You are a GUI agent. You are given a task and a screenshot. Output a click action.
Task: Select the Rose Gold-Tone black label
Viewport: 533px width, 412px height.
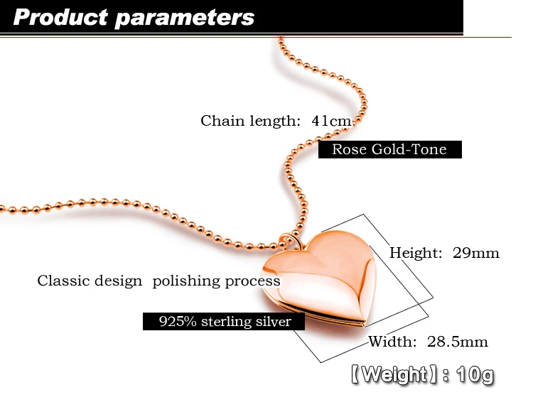[x=389, y=150]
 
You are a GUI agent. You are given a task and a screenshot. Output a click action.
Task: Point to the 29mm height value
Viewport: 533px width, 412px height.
[x=476, y=253]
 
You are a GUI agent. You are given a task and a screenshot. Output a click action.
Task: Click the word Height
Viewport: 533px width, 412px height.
[x=416, y=253]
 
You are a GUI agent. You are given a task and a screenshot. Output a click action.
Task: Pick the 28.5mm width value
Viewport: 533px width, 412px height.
[x=457, y=342]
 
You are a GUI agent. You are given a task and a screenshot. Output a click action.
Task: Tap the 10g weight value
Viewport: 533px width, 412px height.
[x=475, y=374]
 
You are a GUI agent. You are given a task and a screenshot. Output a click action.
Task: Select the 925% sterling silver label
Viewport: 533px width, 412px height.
[x=224, y=322]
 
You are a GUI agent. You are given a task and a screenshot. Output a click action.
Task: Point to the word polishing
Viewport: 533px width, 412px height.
[x=186, y=281]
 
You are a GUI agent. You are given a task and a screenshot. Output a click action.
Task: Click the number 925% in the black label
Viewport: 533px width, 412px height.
[x=176, y=322]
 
